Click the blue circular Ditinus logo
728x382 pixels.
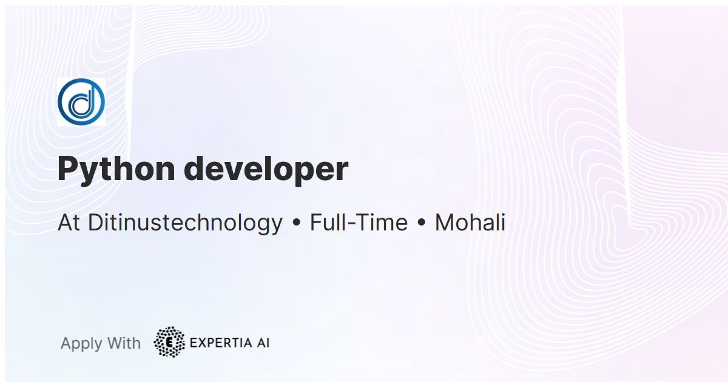81,102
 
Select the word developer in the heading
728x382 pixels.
266,169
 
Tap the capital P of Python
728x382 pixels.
68,169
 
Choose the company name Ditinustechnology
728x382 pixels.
185,223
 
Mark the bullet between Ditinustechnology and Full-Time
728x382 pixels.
297,224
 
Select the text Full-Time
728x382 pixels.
359,223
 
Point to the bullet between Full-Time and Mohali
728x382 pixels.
421,224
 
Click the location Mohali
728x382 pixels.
470,223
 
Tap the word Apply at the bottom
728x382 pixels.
81,344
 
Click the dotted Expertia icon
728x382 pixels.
169,342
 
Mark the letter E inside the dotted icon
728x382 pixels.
169,343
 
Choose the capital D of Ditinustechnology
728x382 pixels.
95,223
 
